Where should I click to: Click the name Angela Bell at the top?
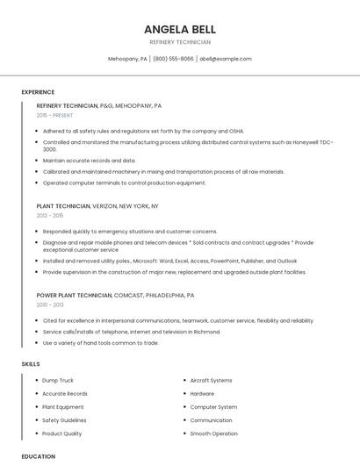[179, 29]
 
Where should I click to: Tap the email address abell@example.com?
[226, 59]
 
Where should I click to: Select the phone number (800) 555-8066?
[173, 59]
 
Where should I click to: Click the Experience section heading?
[38, 92]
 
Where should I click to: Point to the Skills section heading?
[31, 363]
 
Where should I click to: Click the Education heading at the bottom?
[38, 456]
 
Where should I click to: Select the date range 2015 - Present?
[54, 115]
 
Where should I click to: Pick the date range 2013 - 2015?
[50, 215]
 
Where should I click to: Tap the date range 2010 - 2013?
[50, 305]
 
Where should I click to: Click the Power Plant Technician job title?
[74, 296]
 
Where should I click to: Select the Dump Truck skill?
[59, 381]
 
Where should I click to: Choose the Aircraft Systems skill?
[211, 381]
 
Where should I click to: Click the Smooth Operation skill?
[213, 433]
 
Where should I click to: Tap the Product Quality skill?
[61, 433]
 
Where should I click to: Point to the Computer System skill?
[213, 407]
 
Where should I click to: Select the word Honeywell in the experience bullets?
[294, 141]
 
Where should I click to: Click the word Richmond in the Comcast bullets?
[206, 332]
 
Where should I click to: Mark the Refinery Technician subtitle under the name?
[179, 42]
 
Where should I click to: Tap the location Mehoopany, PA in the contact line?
[127, 59]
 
